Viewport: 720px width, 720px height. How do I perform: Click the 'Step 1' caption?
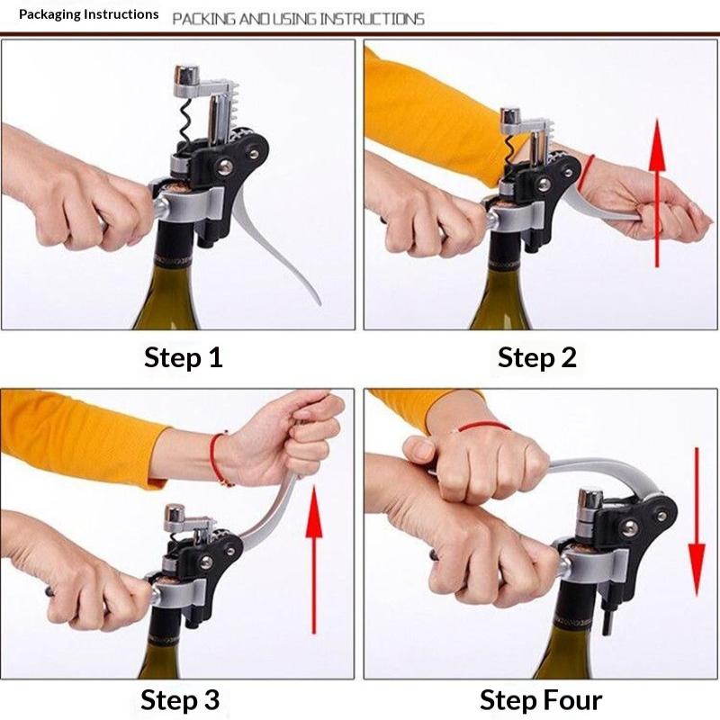pyautogui.click(x=184, y=357)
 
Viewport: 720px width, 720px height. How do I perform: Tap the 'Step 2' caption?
pyautogui.click(x=536, y=357)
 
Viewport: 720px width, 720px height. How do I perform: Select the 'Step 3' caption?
pyautogui.click(x=180, y=700)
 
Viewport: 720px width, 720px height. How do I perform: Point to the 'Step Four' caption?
pyautogui.click(x=541, y=700)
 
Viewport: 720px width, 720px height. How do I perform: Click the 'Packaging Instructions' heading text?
pyautogui.click(x=88, y=14)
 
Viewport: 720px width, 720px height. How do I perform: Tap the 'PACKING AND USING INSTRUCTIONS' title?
pyautogui.click(x=298, y=19)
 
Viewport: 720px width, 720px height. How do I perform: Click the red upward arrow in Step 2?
pyautogui.click(x=658, y=193)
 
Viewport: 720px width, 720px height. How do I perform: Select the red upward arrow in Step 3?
pyautogui.click(x=314, y=559)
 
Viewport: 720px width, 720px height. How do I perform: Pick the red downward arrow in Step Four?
pyautogui.click(x=697, y=522)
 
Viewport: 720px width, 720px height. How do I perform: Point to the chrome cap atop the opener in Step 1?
pyautogui.click(x=187, y=75)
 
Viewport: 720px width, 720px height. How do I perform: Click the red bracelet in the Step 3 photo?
pyautogui.click(x=217, y=458)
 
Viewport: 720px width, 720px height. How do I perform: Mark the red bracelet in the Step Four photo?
pyautogui.click(x=484, y=426)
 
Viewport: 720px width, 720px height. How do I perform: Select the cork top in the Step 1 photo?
pyautogui.click(x=174, y=188)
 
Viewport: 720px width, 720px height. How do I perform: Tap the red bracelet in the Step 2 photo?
pyautogui.click(x=586, y=172)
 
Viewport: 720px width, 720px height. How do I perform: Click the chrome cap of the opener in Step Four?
pyautogui.click(x=590, y=499)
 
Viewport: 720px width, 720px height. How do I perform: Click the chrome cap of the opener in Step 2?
pyautogui.click(x=510, y=116)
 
